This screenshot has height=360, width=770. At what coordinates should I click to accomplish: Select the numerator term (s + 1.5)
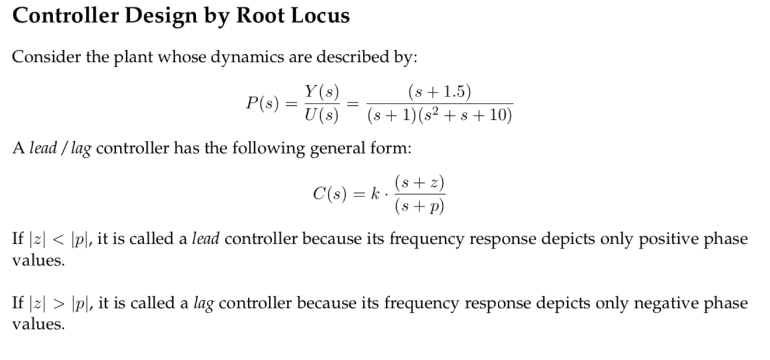[440, 92]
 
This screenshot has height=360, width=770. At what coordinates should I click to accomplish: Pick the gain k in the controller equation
[375, 193]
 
